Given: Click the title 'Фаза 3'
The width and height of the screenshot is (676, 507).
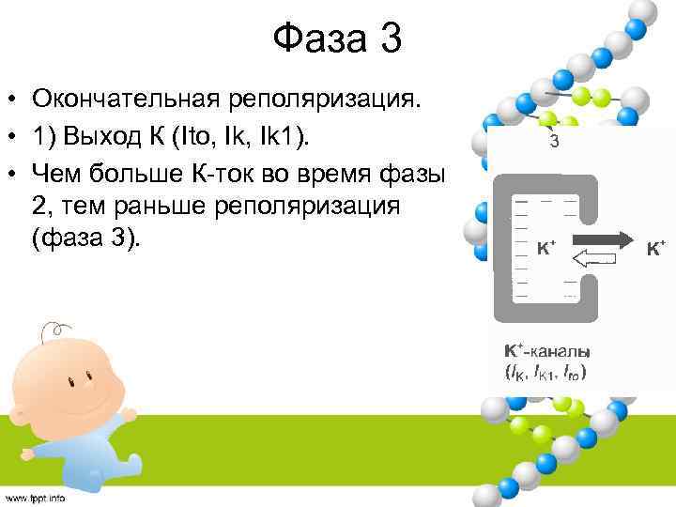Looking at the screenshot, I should (337, 39).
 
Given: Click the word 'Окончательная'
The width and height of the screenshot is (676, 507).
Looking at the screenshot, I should (128, 99).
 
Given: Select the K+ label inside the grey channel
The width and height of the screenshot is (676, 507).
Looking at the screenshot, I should (545, 249).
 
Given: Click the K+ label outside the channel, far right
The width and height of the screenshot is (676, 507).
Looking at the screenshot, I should (656, 249).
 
